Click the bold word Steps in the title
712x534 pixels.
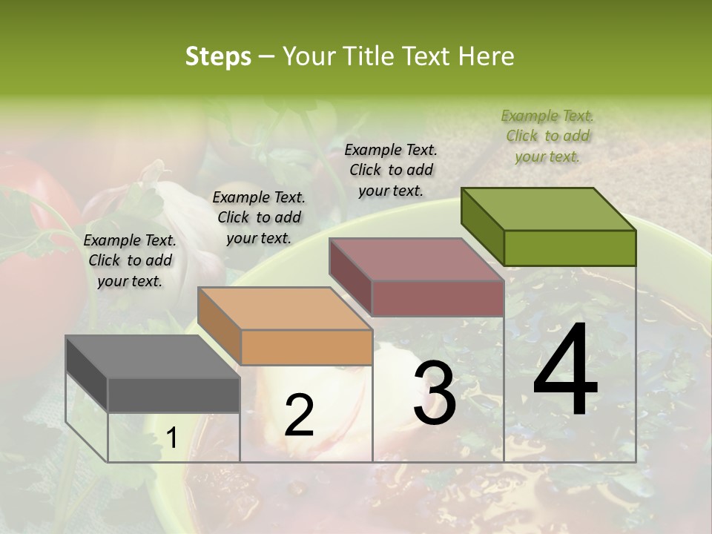[218, 56]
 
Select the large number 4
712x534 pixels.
[565, 370]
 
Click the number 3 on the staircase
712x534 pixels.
[435, 393]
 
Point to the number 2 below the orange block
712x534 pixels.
[299, 415]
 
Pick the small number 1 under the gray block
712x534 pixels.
[171, 438]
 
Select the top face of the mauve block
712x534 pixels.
[416, 260]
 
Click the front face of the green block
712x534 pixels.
[570, 248]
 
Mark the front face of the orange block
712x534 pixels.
[306, 347]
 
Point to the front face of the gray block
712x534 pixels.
[174, 395]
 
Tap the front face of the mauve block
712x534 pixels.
[438, 298]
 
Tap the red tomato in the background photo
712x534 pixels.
[37, 245]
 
